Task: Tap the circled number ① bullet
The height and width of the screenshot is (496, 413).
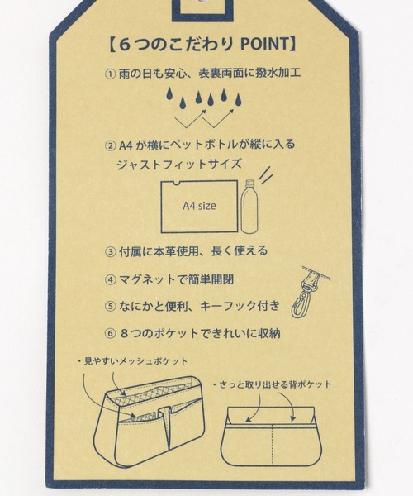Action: click(x=110, y=74)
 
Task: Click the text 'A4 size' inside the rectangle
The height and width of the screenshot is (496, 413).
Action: click(x=199, y=206)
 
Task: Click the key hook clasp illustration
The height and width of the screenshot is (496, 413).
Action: click(x=308, y=293)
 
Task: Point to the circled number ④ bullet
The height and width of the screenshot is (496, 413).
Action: click(x=110, y=280)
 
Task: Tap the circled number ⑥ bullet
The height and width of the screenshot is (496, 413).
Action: click(x=110, y=334)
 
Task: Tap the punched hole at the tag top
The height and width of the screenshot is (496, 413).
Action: click(x=202, y=2)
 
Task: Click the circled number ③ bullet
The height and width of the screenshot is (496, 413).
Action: click(x=110, y=252)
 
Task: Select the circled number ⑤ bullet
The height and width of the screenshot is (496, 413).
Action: click(x=110, y=307)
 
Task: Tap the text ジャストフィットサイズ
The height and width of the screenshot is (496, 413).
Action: click(x=179, y=165)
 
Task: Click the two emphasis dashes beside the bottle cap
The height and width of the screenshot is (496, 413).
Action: click(x=266, y=174)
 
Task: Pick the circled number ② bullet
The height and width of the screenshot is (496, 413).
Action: click(x=110, y=145)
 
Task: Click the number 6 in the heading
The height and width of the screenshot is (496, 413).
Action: click(x=125, y=45)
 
